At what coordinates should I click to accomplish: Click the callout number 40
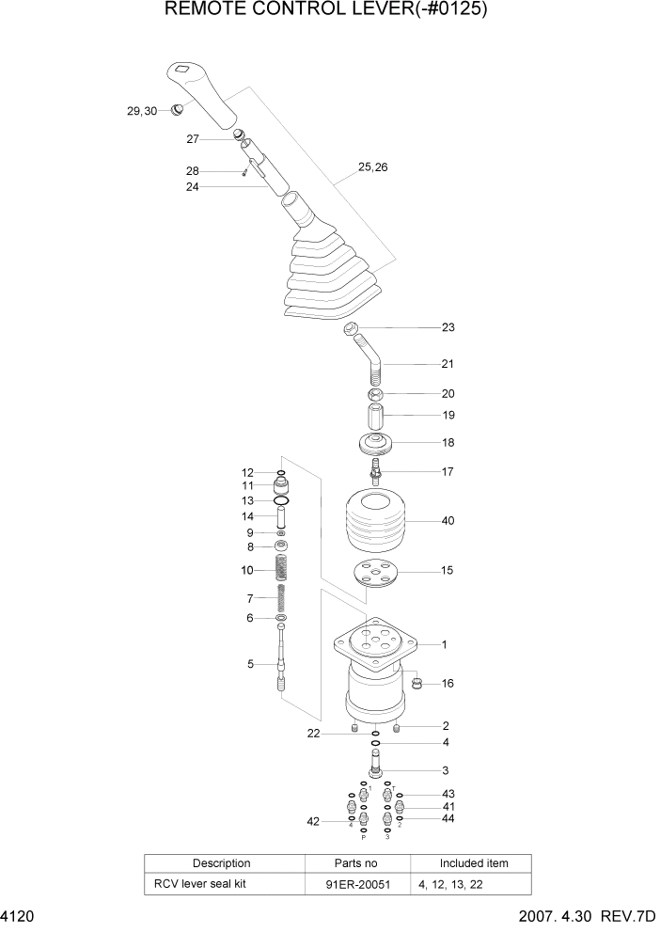448,520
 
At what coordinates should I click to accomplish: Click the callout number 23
448,328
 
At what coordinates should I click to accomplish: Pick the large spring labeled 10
280,569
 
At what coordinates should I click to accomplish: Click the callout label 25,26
372,168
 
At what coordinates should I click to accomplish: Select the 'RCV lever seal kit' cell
200,885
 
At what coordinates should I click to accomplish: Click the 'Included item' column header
474,863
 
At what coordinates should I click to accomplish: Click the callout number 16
448,684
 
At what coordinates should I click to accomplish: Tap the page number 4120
18,915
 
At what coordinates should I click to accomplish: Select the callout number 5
251,664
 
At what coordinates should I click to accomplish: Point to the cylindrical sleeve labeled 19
374,415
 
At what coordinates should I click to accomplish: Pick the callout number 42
312,821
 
